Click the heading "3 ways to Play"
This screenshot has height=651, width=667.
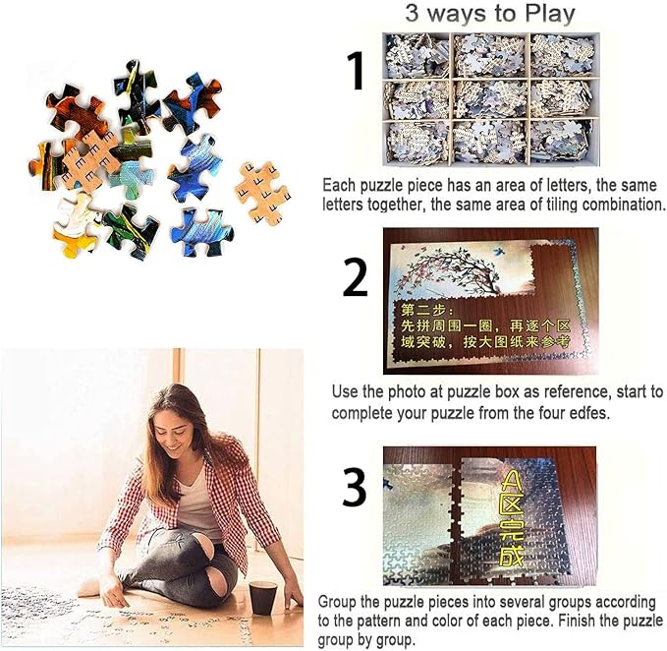coord(489,14)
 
